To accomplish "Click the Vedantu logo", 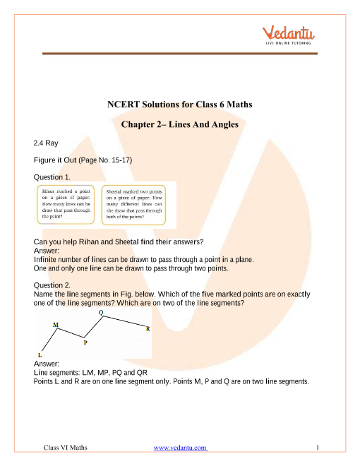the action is pyautogui.click(x=288, y=35).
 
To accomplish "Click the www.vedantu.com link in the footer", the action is pyautogui.click(x=180, y=448).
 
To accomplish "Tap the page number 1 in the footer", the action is pyautogui.click(x=318, y=447).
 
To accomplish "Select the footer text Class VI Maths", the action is pyautogui.click(x=66, y=448).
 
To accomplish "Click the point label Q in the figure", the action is pyautogui.click(x=101, y=312).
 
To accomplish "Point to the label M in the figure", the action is pyautogui.click(x=56, y=325).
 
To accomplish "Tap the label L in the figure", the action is pyautogui.click(x=40, y=355).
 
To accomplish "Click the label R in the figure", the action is pyautogui.click(x=148, y=329).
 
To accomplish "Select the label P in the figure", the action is pyautogui.click(x=85, y=342).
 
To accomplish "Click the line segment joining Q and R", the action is pyautogui.click(x=124, y=321).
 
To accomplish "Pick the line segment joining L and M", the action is pyautogui.click(x=49, y=340).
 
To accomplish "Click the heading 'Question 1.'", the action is pyautogui.click(x=52, y=177).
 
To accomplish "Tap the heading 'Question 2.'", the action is pyautogui.click(x=52, y=285).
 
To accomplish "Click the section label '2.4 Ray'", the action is pyautogui.click(x=46, y=143).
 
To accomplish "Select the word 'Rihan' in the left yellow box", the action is pyautogui.click(x=48, y=191).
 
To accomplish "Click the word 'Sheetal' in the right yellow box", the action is pyautogui.click(x=113, y=191).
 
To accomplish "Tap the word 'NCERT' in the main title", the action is pyautogui.click(x=124, y=104).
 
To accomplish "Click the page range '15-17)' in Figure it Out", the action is pyautogui.click(x=122, y=160).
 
